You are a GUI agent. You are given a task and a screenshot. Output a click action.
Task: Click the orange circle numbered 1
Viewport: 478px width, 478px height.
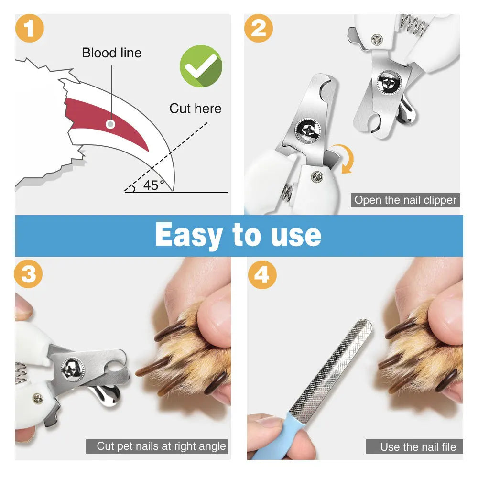30,29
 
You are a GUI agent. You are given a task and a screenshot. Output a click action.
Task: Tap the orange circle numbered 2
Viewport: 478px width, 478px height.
259,29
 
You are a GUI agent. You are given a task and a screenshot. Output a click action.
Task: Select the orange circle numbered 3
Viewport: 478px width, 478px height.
29,275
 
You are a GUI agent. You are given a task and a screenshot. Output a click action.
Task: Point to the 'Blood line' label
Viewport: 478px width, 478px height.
111,53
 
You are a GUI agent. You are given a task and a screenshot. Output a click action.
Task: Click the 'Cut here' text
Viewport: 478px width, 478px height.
195,109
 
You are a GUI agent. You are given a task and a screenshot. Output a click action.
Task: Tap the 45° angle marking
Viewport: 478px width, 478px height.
153,185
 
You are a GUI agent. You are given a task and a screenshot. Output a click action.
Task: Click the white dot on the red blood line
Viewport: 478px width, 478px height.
110,124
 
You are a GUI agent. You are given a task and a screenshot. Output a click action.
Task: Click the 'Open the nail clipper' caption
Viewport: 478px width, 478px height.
405,200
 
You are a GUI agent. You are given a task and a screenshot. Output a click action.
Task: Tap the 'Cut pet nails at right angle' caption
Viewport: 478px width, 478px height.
161,446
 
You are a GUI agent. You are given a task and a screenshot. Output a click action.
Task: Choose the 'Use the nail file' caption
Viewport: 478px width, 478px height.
418,447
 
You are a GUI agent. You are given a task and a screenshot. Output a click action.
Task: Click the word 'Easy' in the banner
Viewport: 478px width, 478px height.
189,235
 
